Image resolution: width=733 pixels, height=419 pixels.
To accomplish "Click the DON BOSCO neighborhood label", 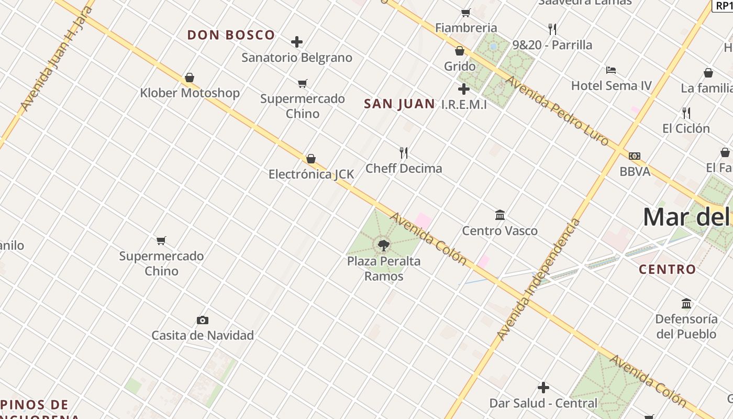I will coord(231,35).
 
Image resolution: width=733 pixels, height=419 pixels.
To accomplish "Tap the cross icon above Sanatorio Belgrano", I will coord(297,41).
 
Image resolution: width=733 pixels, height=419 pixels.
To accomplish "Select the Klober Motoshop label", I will coord(190,93).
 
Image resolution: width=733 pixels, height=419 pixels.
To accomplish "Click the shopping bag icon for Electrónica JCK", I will coord(311,158).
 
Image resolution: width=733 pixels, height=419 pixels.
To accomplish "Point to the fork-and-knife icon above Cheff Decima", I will coord(404,153).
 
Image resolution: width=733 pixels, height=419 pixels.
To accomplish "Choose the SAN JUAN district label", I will coord(399,104).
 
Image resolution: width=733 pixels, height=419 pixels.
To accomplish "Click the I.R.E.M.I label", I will coord(464,105).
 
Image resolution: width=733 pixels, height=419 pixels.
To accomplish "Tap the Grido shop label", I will coord(460,67).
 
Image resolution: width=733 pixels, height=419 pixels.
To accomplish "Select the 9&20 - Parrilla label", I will coord(552,45).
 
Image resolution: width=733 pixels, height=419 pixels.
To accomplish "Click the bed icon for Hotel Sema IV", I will coord(610,70).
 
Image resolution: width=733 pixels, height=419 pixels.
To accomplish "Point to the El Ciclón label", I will coord(686,128).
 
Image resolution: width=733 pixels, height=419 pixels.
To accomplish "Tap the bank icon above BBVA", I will coord(635,156).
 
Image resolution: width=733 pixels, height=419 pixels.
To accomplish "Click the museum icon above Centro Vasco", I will coord(500,215).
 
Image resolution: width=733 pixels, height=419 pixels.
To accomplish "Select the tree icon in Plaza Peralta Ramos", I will coord(384,245).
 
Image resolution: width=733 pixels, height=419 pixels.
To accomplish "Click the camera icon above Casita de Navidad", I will coord(203,320).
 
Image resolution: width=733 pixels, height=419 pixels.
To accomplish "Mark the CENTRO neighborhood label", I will coord(668,270).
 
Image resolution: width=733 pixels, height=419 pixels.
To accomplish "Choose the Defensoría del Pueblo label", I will coord(686,326).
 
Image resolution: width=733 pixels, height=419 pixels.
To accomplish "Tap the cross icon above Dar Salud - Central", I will coord(543,388).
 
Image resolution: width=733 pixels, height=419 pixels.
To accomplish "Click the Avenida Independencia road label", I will coord(539,280).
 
